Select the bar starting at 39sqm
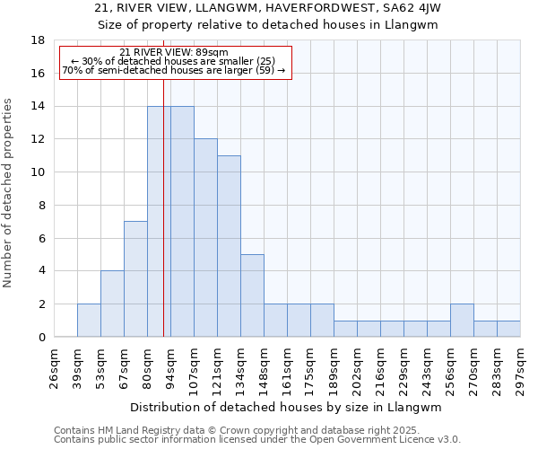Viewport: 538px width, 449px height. tap(89, 321)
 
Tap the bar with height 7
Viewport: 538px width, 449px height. tap(135, 279)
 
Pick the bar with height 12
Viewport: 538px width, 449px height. tap(205, 238)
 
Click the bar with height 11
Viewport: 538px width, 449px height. tap(229, 246)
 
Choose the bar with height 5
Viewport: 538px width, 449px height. tap(252, 295)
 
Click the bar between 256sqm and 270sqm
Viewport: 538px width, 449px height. tap(462, 321)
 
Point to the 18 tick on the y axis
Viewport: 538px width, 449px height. tap(39, 40)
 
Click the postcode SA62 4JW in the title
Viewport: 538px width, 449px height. tap(416, 8)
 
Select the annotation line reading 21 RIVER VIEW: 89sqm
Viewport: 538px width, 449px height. tap(174, 52)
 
